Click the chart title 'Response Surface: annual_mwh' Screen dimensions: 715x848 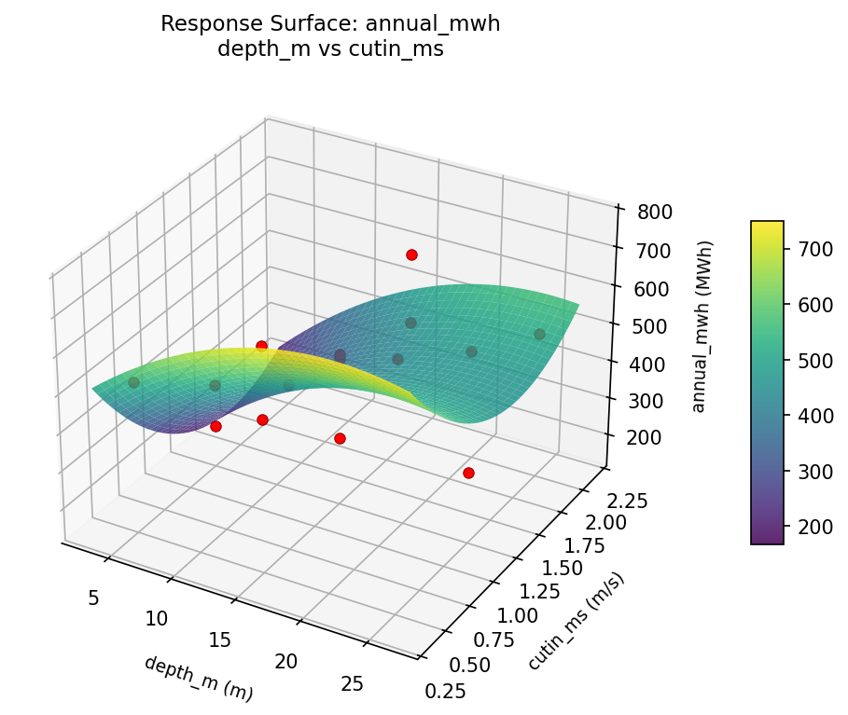(x=330, y=24)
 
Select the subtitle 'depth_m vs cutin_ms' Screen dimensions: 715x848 (x=330, y=49)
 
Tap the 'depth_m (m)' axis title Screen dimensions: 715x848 (x=198, y=678)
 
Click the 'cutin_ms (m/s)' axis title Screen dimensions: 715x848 (x=576, y=620)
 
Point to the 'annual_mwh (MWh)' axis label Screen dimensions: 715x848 (x=705, y=325)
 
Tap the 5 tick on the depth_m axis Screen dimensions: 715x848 (x=93, y=598)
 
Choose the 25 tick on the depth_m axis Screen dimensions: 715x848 (x=352, y=684)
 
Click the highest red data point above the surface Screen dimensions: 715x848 (x=411, y=254)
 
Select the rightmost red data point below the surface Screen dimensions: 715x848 (x=468, y=473)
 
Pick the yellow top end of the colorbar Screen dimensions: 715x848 (x=767, y=225)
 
